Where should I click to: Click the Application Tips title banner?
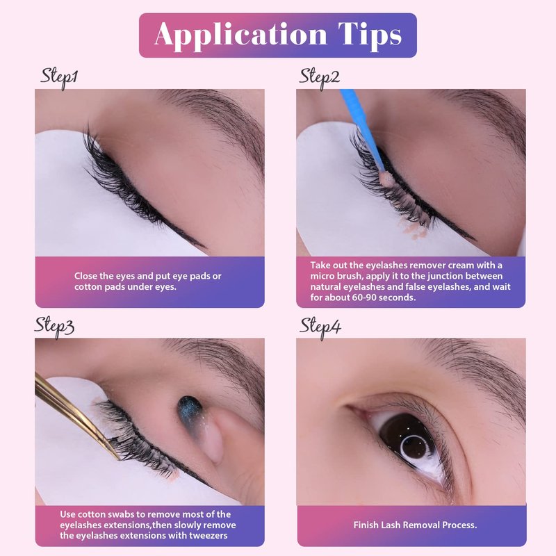coord(277,35)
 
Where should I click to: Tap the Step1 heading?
coord(59,78)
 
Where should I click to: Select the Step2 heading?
coord(320,78)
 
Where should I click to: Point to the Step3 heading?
coord(54,327)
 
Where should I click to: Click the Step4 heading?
coord(320,327)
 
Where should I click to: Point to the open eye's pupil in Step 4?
coord(411,441)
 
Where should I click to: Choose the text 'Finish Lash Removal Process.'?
coord(415,525)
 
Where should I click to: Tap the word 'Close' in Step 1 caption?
coord(85,276)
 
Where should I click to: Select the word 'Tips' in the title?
coord(370,35)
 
